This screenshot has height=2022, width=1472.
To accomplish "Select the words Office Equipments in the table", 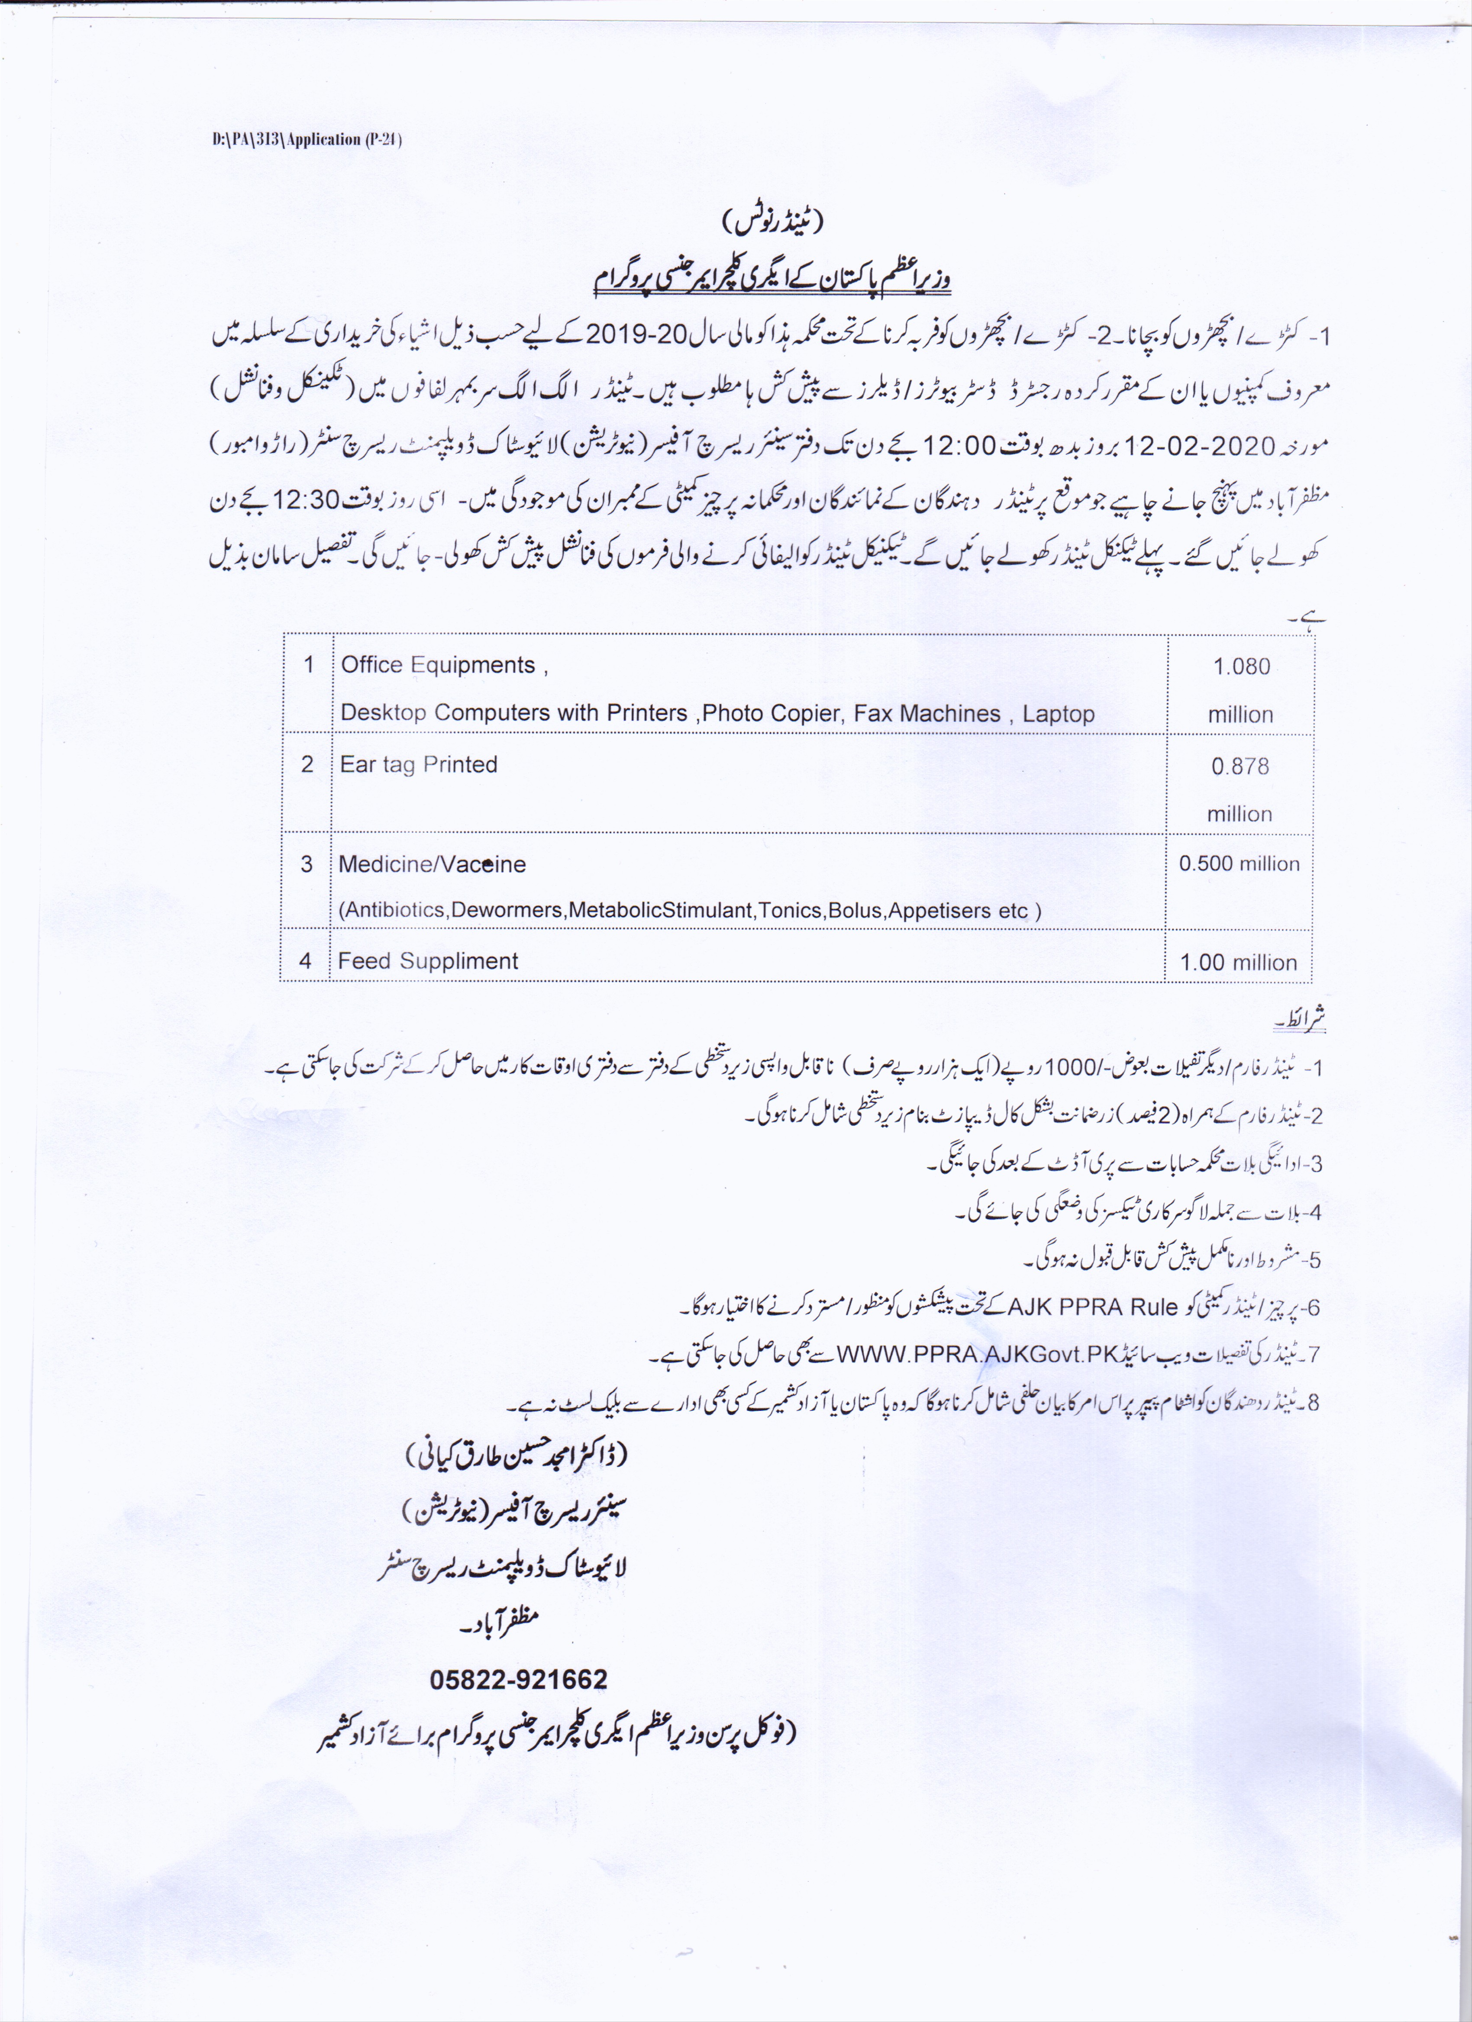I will [x=438, y=665].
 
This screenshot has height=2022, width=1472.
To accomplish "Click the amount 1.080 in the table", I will [x=1241, y=667].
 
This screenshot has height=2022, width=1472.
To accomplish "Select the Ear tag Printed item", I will [x=418, y=765].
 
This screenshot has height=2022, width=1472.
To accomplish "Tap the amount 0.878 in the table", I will [x=1240, y=767].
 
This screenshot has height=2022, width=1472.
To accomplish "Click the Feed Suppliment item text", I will [x=428, y=961].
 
